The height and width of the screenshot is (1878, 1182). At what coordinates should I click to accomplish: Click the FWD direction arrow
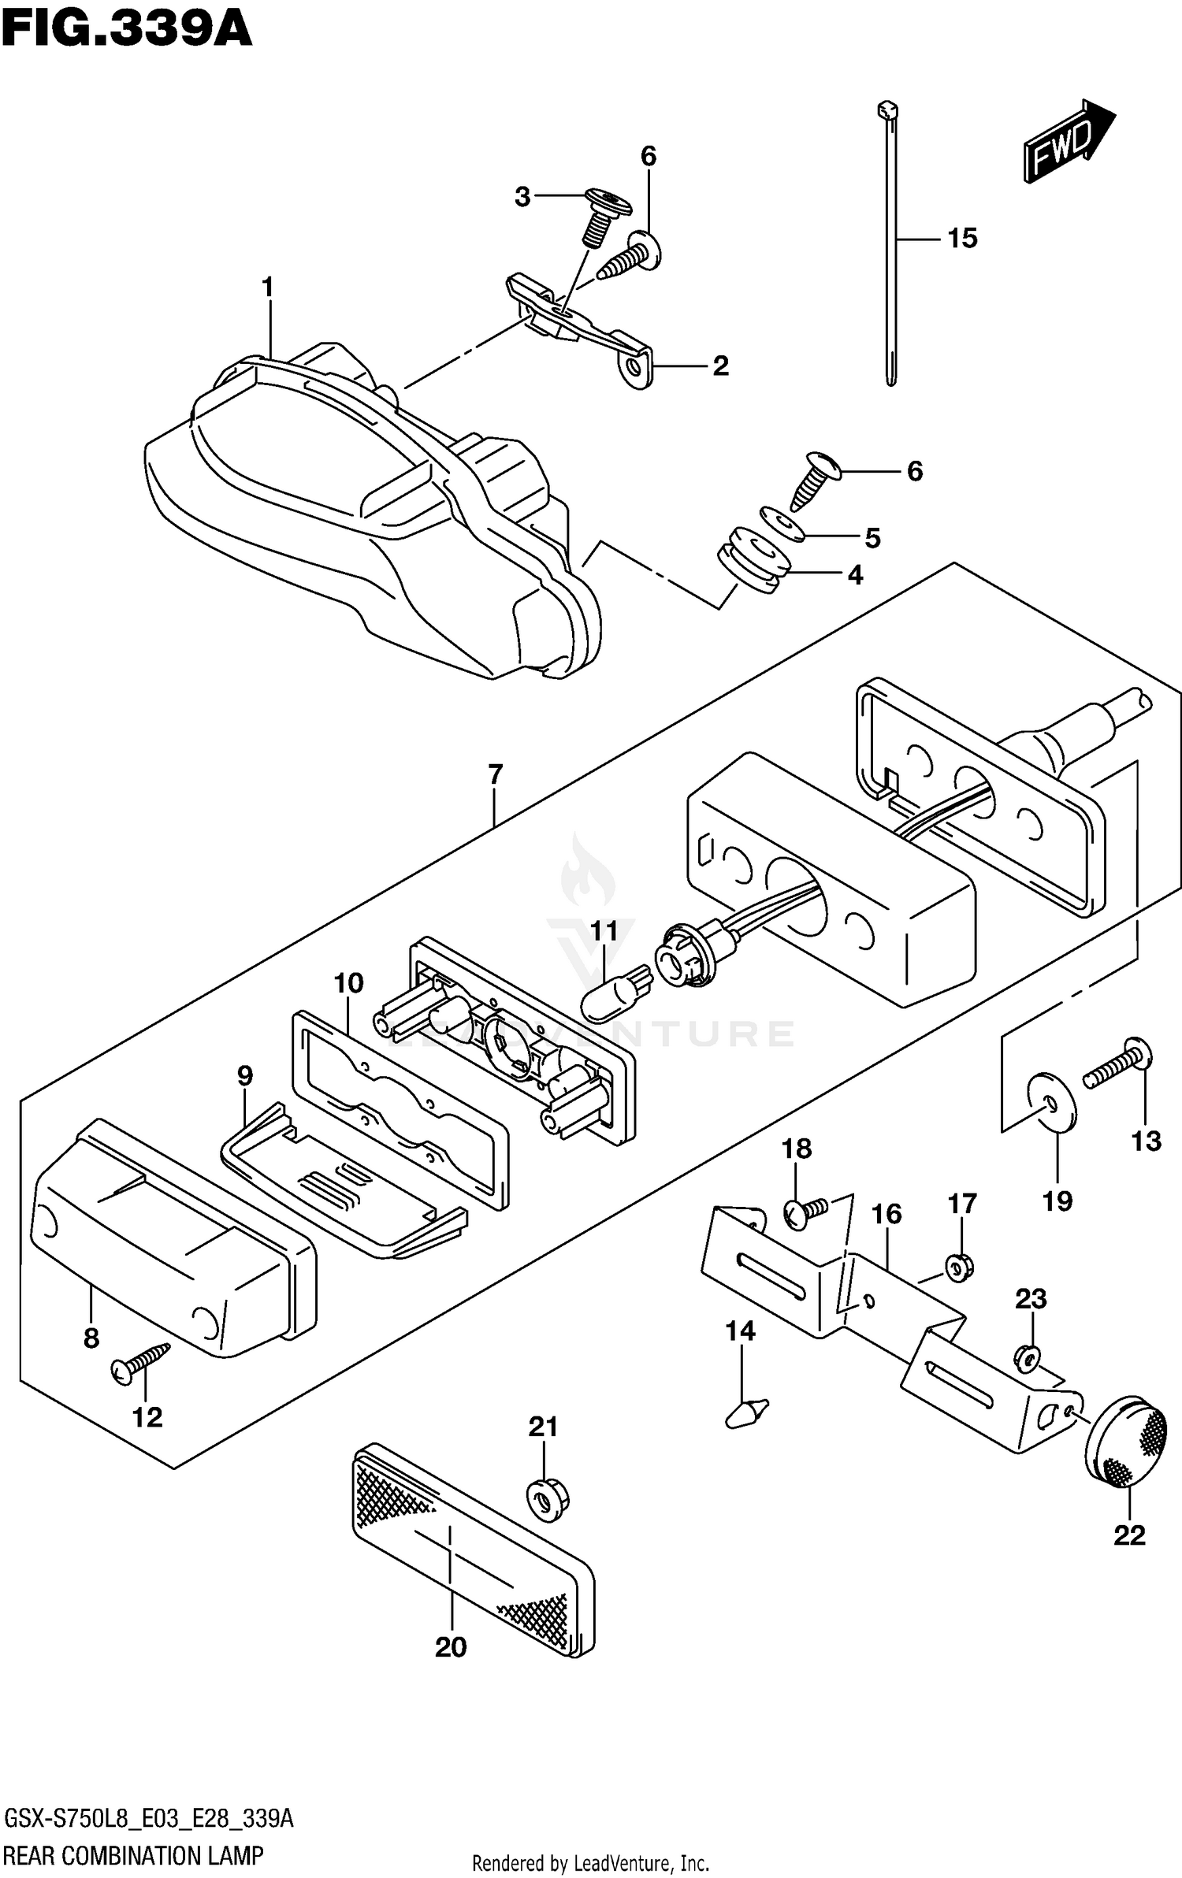[1069, 142]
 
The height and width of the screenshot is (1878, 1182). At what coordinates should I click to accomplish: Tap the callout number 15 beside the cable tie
[961, 238]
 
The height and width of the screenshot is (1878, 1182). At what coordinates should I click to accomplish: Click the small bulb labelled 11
[612, 996]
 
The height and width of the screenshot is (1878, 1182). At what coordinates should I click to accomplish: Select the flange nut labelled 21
[547, 1498]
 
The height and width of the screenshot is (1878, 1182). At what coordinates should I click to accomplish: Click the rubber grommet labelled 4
[753, 559]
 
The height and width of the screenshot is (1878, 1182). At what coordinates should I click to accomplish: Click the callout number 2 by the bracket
[720, 366]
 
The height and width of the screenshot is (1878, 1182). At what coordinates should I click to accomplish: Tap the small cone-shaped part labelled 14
[745, 1410]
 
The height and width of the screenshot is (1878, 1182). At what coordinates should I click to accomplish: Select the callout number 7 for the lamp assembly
[494, 774]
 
